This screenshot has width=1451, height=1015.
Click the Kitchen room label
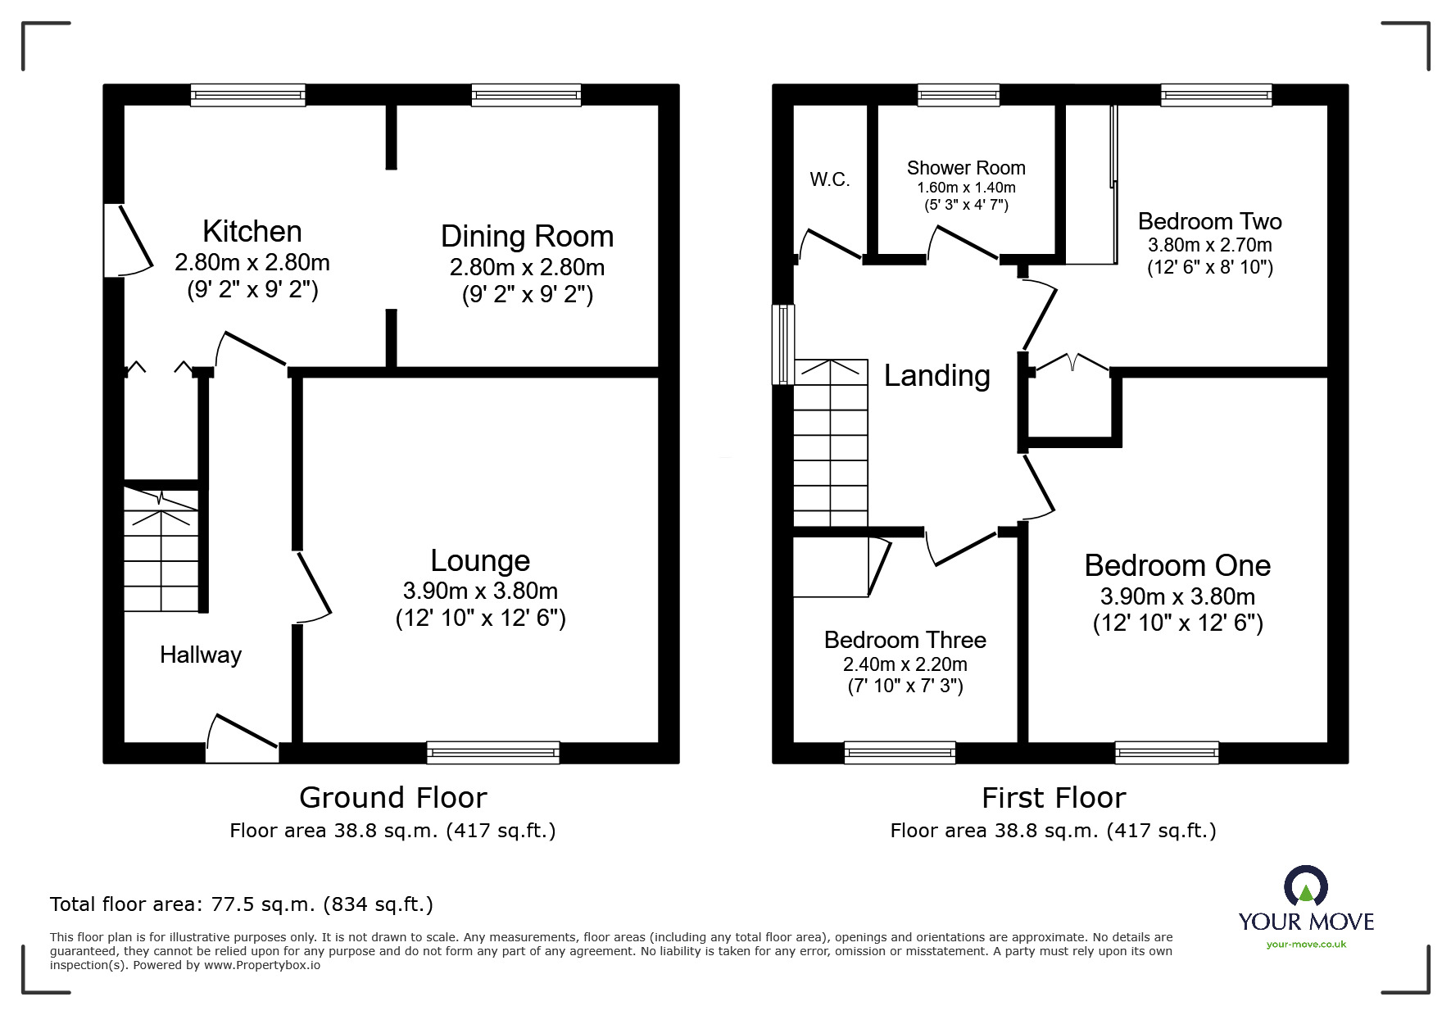252,232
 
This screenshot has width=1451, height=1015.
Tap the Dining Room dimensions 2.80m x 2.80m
527,267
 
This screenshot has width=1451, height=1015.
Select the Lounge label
480,560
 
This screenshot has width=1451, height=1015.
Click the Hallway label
201,655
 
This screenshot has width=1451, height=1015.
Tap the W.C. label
829,179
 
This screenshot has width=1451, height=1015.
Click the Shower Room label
966,168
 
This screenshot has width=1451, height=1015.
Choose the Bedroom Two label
1209,221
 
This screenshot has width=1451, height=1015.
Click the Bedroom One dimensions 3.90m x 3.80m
1177,596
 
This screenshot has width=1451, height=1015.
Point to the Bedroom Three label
905,640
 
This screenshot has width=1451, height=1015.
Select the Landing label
936,375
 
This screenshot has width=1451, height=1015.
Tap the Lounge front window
492,752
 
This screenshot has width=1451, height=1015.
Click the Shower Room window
958,95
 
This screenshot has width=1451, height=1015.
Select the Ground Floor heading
392,797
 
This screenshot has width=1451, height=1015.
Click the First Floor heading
1054,797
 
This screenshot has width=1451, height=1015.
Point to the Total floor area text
242,904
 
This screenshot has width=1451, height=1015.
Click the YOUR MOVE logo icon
1305,887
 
